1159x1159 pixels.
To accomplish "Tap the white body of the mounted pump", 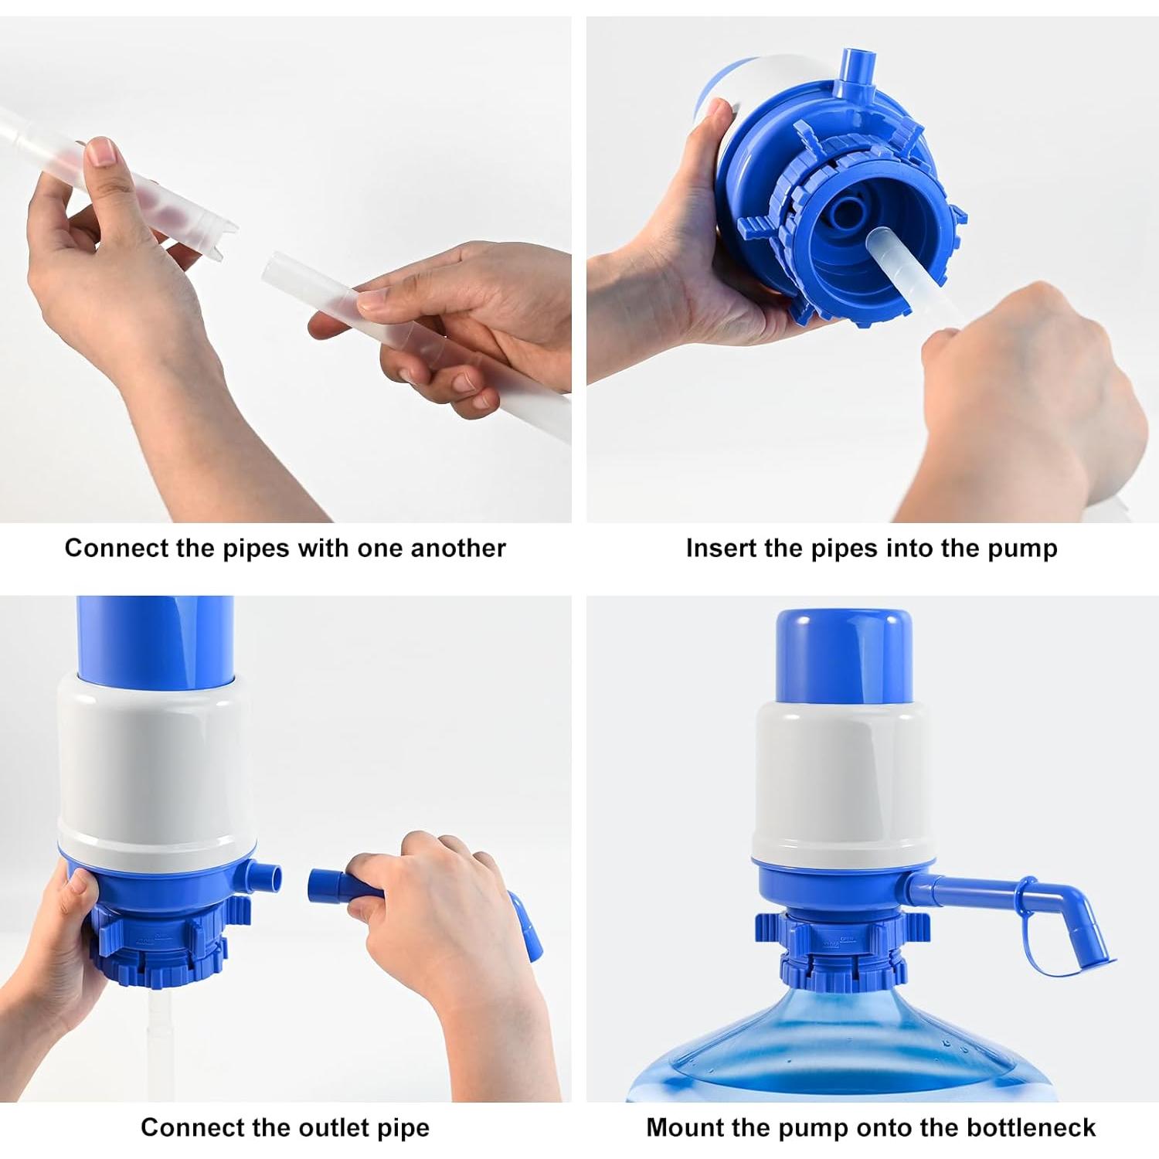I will tap(844, 780).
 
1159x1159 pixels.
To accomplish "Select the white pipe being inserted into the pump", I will tap(912, 270).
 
